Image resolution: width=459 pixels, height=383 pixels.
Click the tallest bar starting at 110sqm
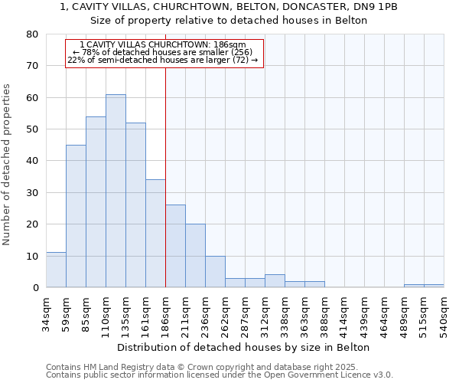116,191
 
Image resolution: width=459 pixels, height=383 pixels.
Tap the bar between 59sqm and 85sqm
76,216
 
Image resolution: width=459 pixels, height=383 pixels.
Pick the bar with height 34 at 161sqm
155,234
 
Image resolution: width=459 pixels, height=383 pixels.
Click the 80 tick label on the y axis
32,34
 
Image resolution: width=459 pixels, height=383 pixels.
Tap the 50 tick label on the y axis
32,129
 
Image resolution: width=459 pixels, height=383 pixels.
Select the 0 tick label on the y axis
35,288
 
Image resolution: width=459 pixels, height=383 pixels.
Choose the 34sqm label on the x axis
47,313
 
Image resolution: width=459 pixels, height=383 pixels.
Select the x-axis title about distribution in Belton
245,347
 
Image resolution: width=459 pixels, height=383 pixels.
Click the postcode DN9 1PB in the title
378,7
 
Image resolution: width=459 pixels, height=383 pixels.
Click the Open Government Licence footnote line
220,375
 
